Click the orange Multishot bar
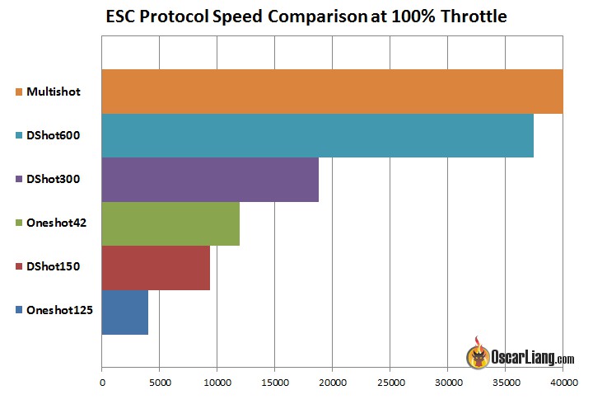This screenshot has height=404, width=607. [x=331, y=91]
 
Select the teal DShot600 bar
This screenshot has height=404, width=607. [x=317, y=135]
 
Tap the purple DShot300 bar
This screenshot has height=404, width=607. [x=209, y=180]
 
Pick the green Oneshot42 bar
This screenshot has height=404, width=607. [x=170, y=223]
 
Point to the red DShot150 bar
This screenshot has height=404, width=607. [x=155, y=268]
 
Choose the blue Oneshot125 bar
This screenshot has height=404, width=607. [x=124, y=312]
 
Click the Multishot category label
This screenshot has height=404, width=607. [x=54, y=92]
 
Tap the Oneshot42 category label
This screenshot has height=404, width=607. [x=56, y=223]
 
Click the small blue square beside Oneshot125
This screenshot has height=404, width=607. [x=19, y=311]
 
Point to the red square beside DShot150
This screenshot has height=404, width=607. [x=19, y=267]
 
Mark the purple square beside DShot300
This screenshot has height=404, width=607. [x=19, y=179]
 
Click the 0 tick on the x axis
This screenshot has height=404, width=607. [x=101, y=383]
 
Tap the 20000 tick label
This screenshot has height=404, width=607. [x=332, y=383]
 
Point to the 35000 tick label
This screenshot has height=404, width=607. [x=505, y=383]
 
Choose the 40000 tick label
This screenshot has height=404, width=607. [x=563, y=383]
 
